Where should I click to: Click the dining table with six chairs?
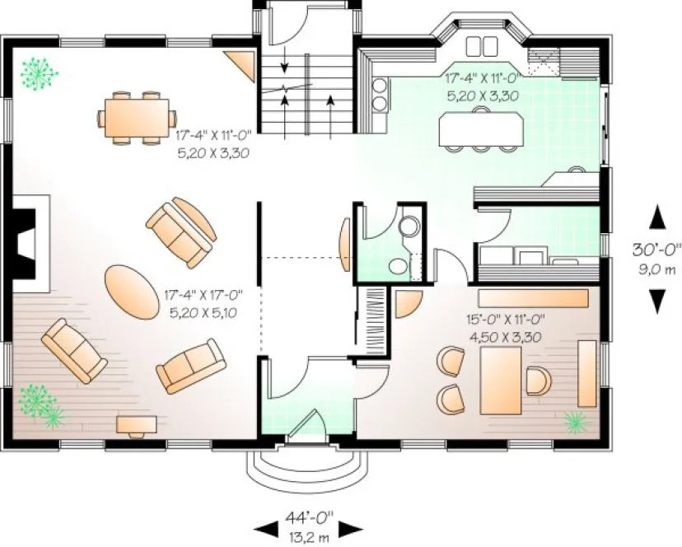[137, 117]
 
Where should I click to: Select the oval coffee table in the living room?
[131, 290]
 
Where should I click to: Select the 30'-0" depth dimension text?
[656, 247]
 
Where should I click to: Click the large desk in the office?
[501, 378]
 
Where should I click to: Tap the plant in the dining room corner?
[35, 74]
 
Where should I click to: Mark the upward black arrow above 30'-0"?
[656, 218]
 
